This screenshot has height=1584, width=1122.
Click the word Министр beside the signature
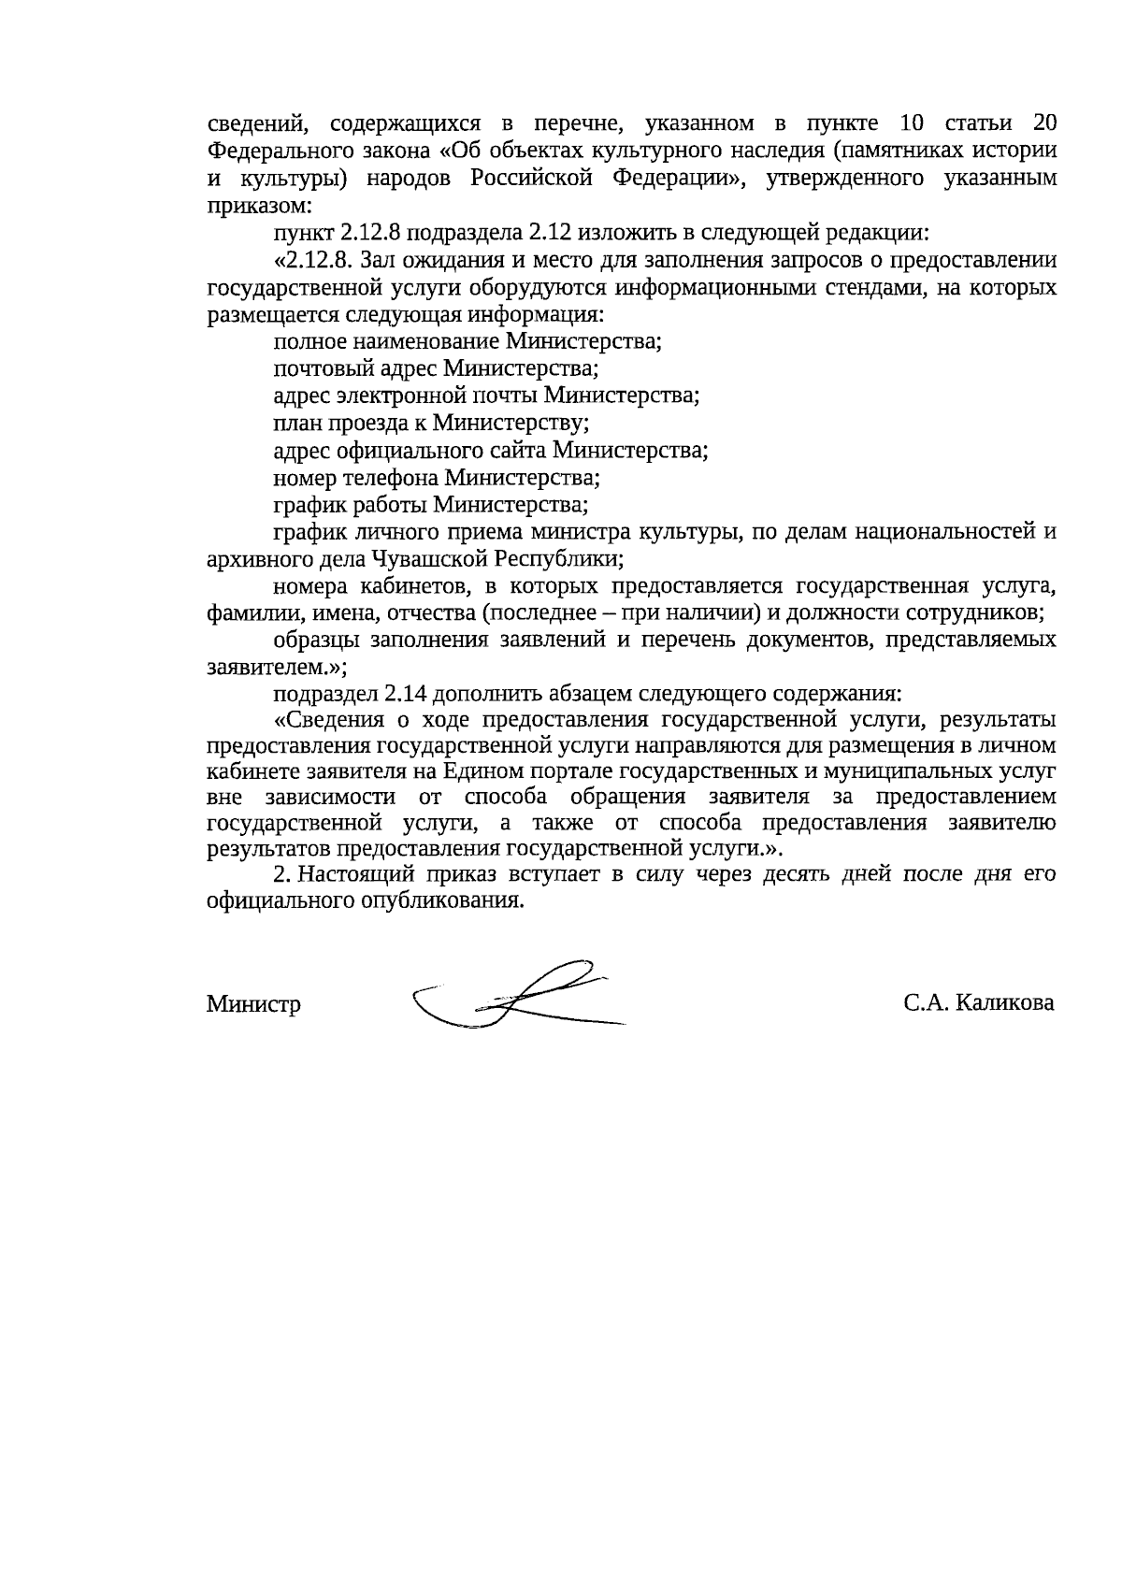253,1005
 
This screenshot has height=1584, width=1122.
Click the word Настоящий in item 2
356,875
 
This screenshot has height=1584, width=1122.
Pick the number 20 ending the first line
1043,124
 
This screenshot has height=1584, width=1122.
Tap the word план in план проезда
296,423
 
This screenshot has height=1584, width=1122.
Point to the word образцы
315,641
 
